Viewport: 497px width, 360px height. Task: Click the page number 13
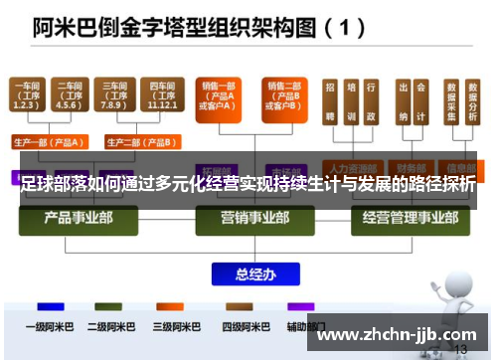point(459,351)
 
